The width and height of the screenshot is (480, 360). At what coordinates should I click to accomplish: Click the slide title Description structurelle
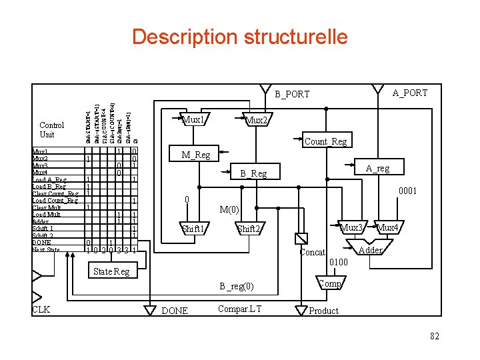pos(239,36)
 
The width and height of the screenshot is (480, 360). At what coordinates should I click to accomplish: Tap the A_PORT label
pos(409,93)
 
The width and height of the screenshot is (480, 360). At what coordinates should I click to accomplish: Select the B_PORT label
pos(292,94)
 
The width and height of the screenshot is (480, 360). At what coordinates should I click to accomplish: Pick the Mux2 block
pos(256,121)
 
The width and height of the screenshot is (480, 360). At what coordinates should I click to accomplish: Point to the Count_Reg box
pos(325,141)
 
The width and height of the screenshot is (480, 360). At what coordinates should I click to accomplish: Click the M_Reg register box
pos(196,155)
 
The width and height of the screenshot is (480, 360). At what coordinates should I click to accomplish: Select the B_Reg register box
pos(253,173)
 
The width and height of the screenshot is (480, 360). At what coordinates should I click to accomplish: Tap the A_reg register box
pos(377,169)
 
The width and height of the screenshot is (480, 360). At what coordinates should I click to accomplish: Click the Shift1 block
pos(193,229)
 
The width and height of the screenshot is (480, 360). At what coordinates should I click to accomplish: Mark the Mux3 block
pos(351,228)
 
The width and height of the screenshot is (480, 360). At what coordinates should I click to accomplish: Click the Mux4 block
pos(387,228)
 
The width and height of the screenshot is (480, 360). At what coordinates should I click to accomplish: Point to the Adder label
pos(370,250)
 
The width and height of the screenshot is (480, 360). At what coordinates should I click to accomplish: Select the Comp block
pos(330,283)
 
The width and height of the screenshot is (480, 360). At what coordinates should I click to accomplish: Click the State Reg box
pos(111,271)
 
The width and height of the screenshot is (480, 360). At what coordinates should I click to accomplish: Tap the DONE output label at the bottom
pos(175,311)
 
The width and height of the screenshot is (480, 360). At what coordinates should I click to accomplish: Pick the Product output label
pos(324,311)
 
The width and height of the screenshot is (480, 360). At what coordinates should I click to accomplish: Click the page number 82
pos(435,336)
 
